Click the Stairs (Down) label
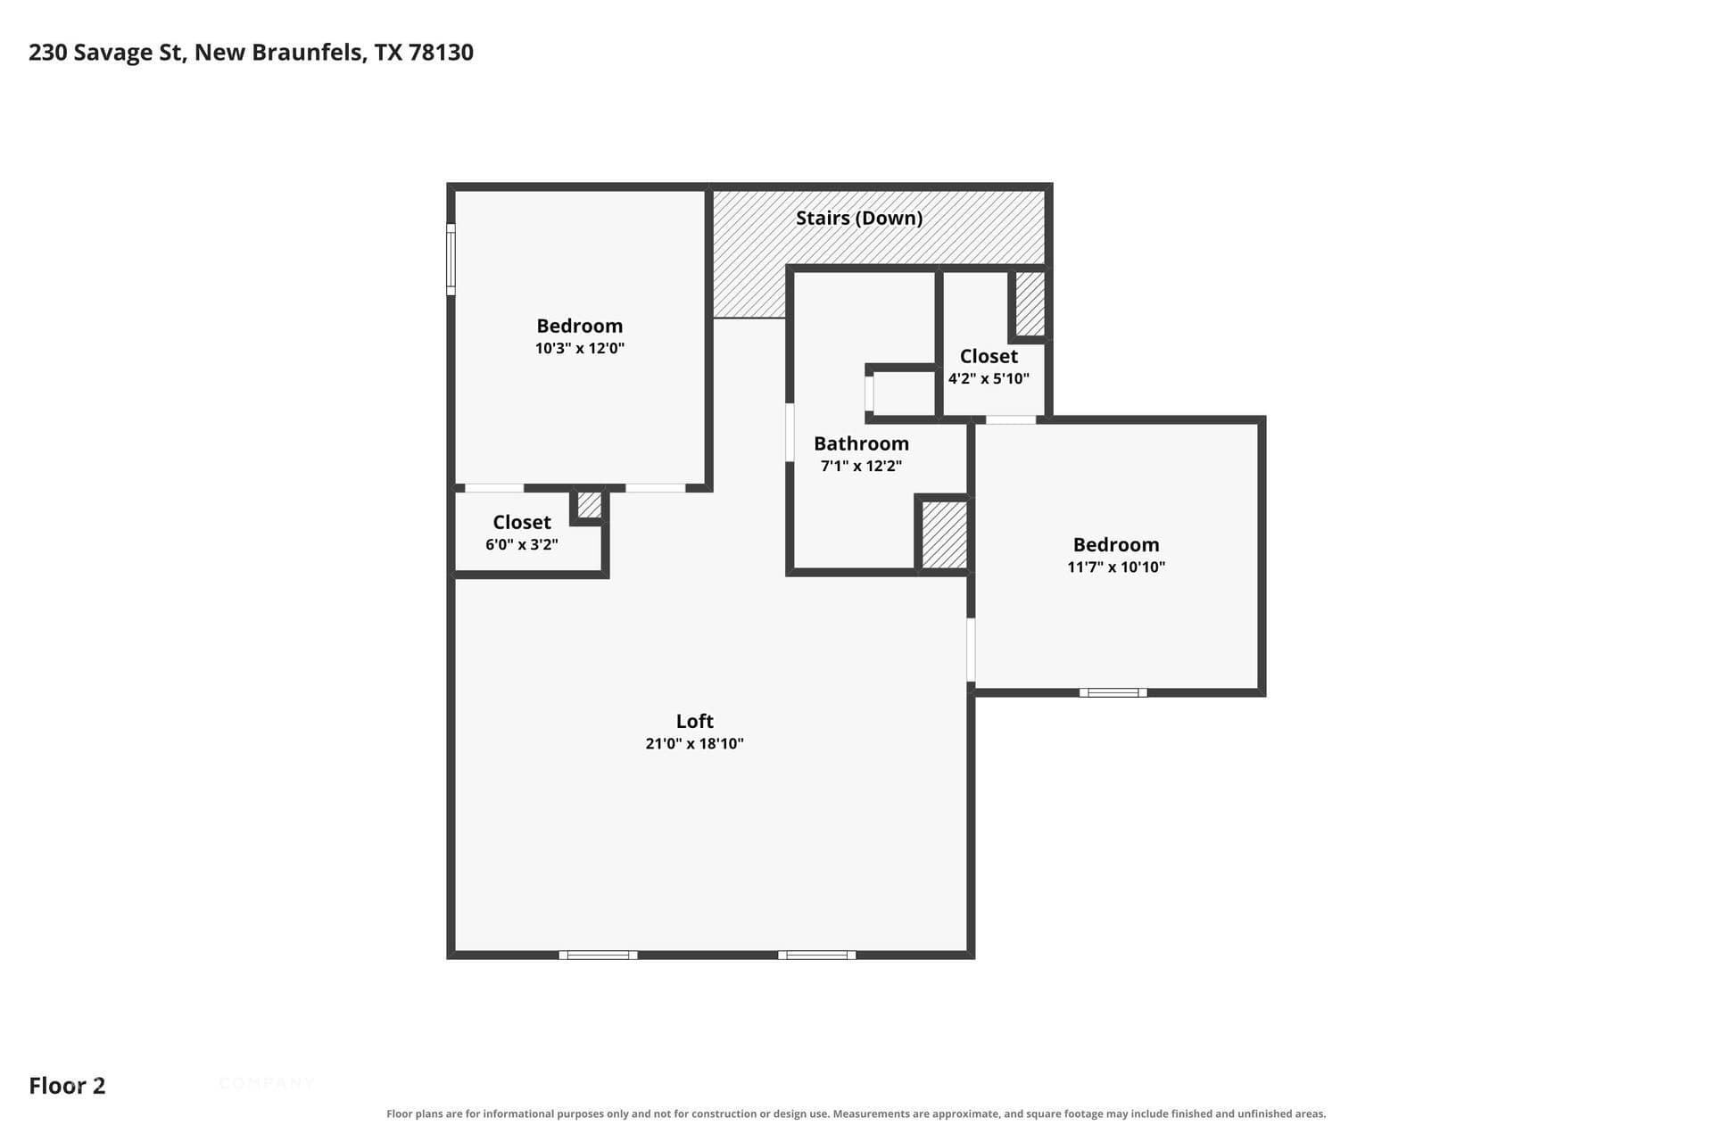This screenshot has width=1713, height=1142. click(859, 218)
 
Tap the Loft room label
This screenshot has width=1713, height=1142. click(694, 721)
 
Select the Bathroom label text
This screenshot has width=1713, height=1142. click(861, 443)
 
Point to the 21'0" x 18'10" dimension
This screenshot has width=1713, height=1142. click(694, 743)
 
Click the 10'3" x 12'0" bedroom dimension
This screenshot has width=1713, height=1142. click(580, 348)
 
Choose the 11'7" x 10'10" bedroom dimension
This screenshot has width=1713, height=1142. click(1116, 567)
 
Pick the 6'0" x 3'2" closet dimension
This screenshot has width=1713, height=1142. click(522, 544)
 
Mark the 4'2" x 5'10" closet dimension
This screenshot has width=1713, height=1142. click(989, 378)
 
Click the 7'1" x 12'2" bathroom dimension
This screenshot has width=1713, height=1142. click(861, 466)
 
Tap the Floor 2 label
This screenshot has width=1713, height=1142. click(67, 1086)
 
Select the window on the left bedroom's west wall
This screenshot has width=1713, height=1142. click(451, 259)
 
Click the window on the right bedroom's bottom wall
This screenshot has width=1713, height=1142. click(1113, 692)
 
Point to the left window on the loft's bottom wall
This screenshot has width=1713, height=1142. click(598, 955)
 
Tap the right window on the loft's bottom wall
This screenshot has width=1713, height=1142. click(816, 955)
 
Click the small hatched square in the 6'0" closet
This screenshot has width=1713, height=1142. click(589, 505)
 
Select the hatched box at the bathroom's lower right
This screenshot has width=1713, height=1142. click(944, 534)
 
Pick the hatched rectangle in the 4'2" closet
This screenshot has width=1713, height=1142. click(1030, 304)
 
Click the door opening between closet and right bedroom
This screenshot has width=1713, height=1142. click(1011, 419)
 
